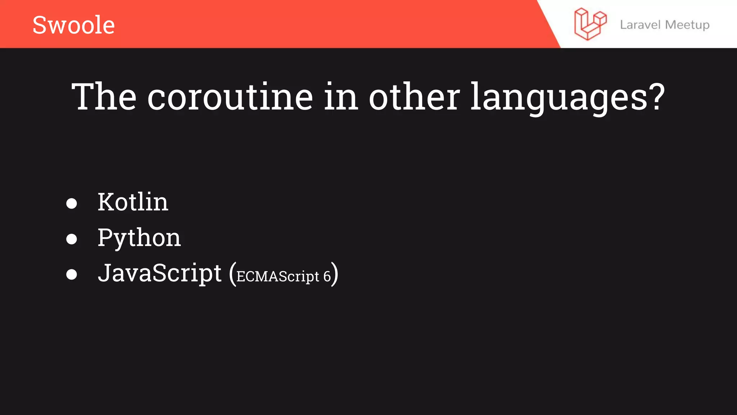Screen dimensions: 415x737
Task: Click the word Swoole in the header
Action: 73,25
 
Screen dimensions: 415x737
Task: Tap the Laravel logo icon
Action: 590,24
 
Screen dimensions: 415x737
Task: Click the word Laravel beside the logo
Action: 640,25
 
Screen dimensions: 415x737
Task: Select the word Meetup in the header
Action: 687,25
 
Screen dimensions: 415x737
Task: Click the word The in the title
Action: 104,97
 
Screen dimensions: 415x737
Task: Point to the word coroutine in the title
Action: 230,97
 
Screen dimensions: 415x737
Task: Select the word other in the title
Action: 414,97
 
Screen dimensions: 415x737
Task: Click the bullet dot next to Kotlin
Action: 72,204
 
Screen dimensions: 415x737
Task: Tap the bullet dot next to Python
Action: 72,239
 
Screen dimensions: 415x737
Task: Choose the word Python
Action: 139,238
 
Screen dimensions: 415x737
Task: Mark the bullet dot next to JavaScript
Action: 72,275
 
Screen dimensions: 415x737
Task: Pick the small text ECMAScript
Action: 278,277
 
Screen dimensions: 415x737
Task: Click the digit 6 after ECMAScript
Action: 327,277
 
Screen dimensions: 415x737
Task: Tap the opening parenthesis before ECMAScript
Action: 232,274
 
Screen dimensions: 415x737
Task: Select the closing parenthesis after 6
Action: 335,274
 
